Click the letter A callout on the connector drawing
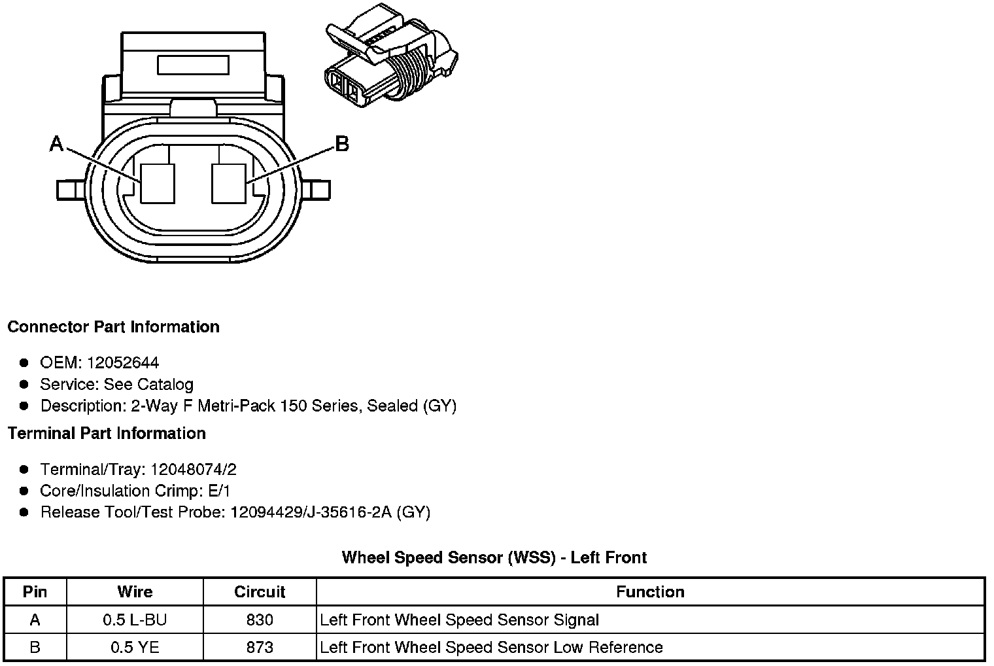(x=57, y=143)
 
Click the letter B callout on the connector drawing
(x=341, y=143)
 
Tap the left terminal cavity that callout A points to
(x=158, y=183)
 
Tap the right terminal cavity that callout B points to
(x=229, y=183)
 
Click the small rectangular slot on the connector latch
(x=193, y=65)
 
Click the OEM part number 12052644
(x=123, y=362)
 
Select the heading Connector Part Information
(x=113, y=326)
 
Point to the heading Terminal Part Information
(x=107, y=433)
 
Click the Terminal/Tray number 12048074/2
(x=194, y=469)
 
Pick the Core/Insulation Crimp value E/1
(x=218, y=491)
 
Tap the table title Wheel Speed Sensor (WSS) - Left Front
(x=494, y=557)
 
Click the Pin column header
(x=35, y=592)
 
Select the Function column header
(x=650, y=592)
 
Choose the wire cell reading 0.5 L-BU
(x=135, y=620)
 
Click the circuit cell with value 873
(x=260, y=648)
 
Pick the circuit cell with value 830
(x=260, y=620)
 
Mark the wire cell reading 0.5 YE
(x=135, y=648)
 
